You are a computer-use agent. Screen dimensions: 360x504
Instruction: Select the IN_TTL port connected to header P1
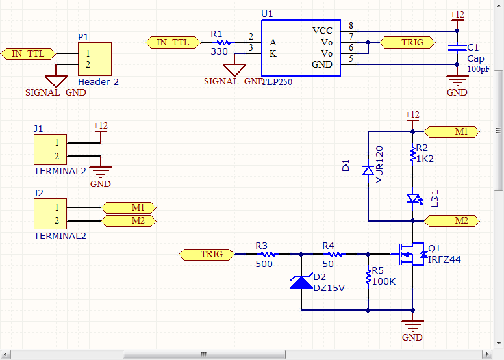point(28,53)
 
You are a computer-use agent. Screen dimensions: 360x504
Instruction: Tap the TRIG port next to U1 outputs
point(412,42)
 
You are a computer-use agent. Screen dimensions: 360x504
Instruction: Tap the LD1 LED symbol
point(412,198)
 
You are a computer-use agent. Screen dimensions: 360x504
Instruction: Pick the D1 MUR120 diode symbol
point(368,170)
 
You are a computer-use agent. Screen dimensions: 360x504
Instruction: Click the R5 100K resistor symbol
point(368,277)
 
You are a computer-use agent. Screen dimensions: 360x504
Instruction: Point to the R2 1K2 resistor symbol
point(412,154)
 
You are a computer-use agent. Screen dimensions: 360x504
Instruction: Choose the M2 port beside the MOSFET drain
point(455,221)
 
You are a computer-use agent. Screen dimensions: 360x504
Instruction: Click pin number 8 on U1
point(351,25)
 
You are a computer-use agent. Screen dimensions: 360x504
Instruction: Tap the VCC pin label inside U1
point(322,31)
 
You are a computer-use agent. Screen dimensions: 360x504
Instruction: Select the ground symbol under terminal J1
point(101,172)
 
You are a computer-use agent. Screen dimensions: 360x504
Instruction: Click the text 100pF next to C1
point(479,69)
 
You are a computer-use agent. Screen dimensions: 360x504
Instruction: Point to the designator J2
point(38,193)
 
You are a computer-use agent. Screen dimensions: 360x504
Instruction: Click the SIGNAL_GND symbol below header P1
point(57,81)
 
